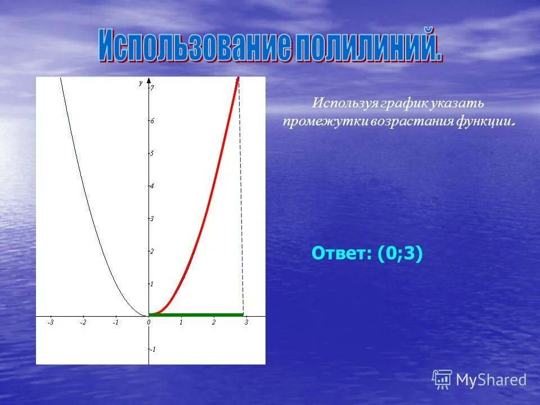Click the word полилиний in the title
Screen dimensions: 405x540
pos(369,47)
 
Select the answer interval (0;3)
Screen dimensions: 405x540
pos(400,254)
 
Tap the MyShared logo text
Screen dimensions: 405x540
pos(491,380)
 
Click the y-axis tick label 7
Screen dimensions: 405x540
pos(152,88)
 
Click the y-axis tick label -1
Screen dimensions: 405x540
pos(153,349)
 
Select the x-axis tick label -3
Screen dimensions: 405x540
pos(51,322)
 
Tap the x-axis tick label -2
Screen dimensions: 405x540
pos(83,322)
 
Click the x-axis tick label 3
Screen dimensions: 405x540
pos(246,322)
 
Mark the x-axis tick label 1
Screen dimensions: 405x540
pos(181,322)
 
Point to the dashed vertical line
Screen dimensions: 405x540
pos(241,197)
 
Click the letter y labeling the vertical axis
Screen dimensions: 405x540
pos(141,83)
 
